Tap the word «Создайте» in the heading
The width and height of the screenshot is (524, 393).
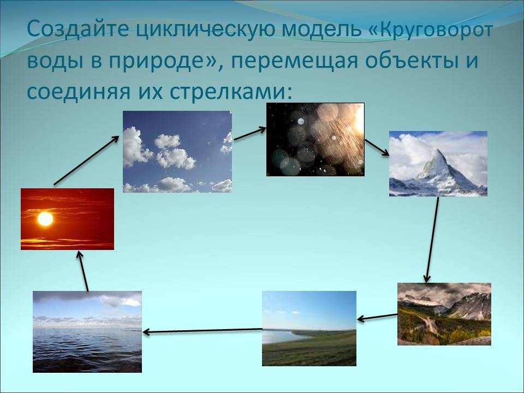[x=78, y=29]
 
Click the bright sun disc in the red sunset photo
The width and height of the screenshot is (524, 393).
[x=45, y=219]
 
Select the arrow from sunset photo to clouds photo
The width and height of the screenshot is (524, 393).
[x=86, y=160]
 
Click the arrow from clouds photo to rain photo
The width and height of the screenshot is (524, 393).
[x=250, y=134]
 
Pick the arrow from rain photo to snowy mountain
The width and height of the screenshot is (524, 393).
[x=377, y=147]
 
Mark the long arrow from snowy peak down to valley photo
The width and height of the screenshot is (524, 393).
[x=432, y=240]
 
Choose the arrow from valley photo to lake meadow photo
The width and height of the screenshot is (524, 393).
[x=377, y=317]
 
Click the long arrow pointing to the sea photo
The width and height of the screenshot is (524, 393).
[x=202, y=331]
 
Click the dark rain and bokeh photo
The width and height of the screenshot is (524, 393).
[x=315, y=139]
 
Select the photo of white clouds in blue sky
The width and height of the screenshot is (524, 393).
[x=177, y=152]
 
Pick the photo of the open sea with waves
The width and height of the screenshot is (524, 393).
[x=87, y=332]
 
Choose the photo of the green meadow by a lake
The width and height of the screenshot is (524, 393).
[x=309, y=329]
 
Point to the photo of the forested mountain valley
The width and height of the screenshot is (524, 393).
[x=444, y=314]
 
